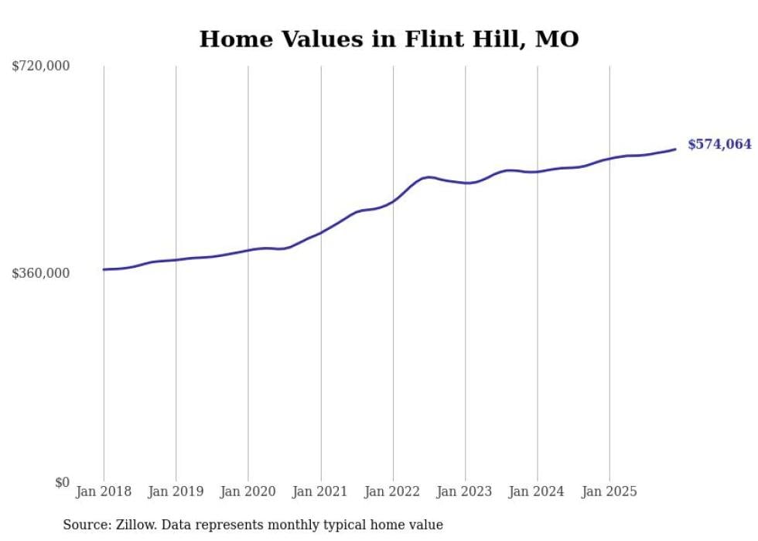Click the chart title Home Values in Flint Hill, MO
point(388,39)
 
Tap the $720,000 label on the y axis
point(41,67)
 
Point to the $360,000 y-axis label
point(41,273)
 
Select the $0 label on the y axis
point(62,482)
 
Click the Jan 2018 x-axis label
point(104,491)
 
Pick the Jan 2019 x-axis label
point(176,491)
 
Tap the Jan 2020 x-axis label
point(248,491)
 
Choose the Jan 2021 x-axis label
point(320,491)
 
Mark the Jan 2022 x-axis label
point(393,491)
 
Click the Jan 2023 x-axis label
point(465,491)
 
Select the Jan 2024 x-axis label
point(538,491)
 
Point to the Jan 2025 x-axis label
point(609,491)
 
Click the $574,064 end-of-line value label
point(719,144)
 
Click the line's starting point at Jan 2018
point(104,269)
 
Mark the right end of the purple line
point(675,149)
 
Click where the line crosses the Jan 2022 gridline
point(393,200)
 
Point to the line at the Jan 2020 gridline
point(248,250)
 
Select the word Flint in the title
point(426,39)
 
